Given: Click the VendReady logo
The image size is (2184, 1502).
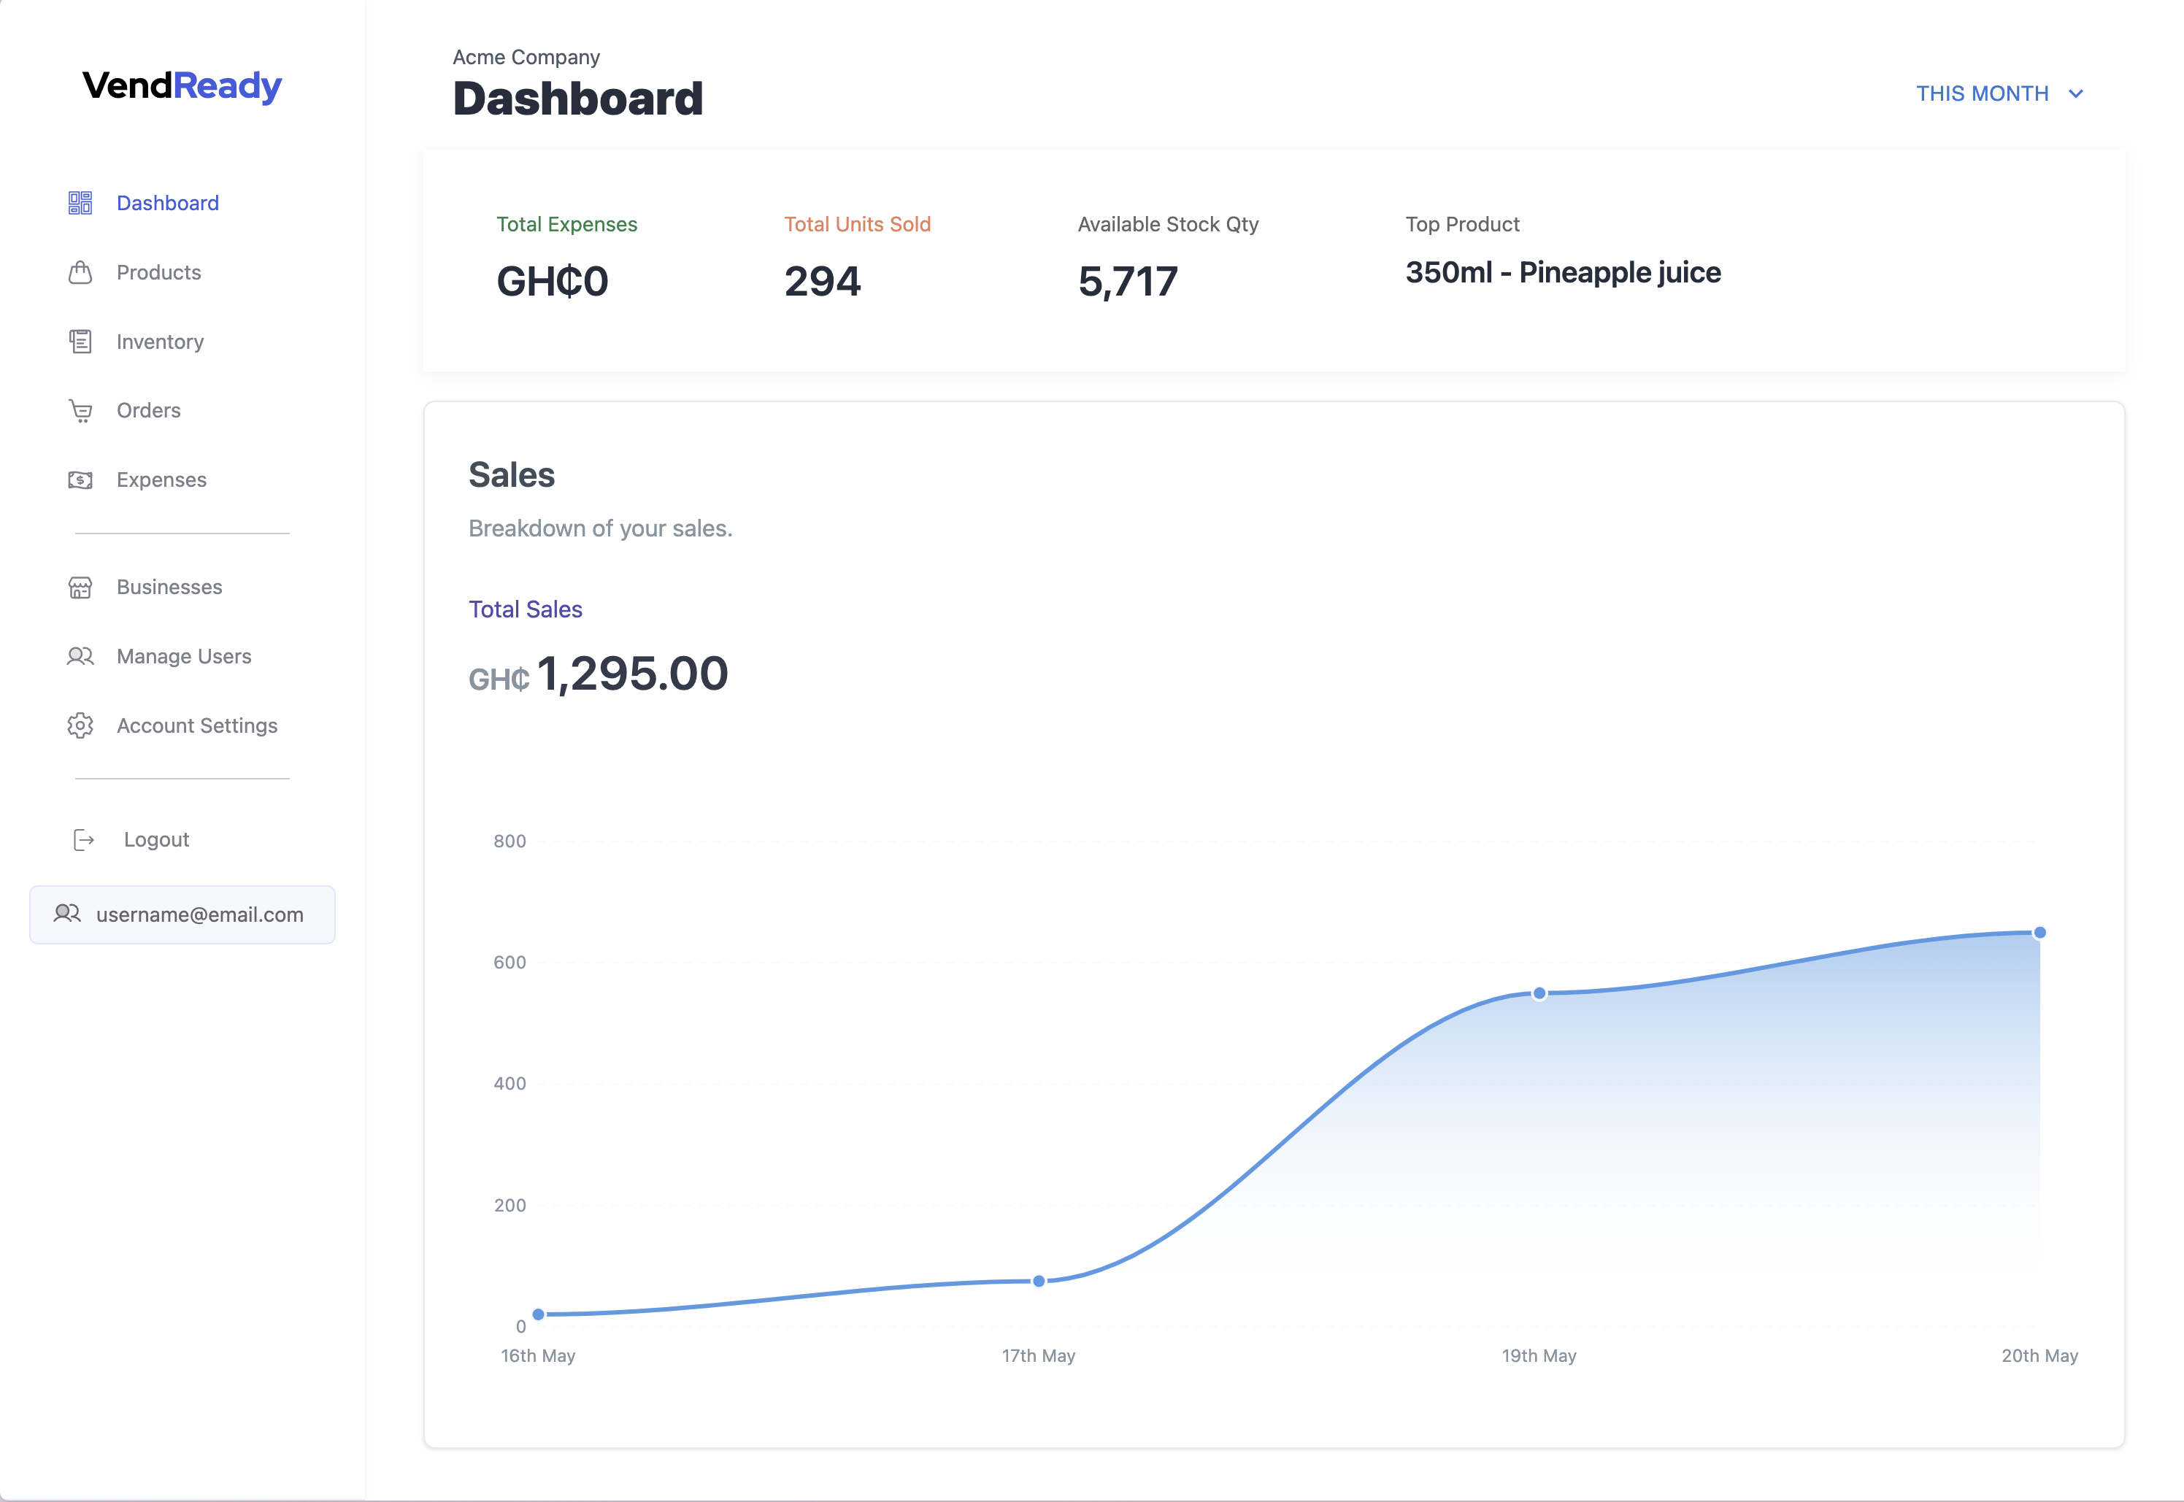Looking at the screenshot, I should [182, 85].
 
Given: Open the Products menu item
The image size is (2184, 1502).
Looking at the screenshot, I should [158, 272].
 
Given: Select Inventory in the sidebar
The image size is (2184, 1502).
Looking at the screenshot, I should [160, 342].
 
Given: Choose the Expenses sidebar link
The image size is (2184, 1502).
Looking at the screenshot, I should [161, 480].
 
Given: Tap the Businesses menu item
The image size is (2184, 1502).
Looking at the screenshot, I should [169, 588].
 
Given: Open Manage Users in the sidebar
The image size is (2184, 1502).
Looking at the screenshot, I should [183, 656].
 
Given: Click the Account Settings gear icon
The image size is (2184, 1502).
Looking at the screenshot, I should [81, 725].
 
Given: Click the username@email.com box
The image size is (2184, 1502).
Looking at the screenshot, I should [182, 914].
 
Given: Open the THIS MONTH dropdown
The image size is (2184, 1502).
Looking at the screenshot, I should [1999, 93].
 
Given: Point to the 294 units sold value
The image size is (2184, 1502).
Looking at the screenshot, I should [823, 282].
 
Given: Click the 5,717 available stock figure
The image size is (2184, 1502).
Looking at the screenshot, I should [1127, 282].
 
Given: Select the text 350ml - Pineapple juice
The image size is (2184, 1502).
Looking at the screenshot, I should [1562, 272].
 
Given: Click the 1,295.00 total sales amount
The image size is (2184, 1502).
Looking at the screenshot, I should [632, 674].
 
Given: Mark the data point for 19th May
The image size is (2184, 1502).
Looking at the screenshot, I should [1539, 993].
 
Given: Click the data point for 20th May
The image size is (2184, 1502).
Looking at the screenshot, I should [2039, 933].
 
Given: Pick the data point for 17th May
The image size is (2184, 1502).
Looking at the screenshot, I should [1039, 1281].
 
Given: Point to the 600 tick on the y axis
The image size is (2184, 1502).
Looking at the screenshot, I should [509, 962].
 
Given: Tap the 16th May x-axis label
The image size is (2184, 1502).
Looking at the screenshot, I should [537, 1355].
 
